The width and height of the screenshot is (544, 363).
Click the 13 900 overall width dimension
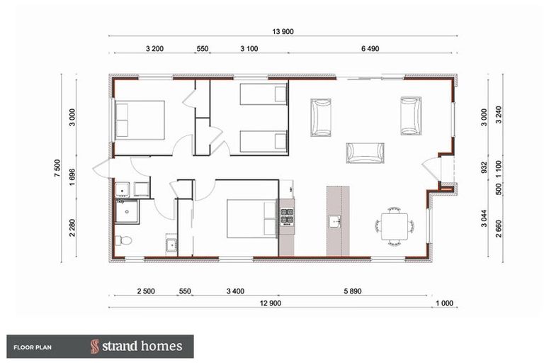coord(283,32)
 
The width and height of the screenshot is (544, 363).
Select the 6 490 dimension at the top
coord(370,49)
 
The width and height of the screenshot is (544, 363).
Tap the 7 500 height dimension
coord(57,168)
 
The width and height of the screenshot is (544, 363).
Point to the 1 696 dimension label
coord(72,177)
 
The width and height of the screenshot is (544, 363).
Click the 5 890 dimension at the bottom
coord(353,291)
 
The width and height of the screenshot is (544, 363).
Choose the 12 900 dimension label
coord(271,303)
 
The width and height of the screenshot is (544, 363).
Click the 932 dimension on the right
coord(484,167)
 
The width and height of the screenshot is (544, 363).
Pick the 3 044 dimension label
coord(484,218)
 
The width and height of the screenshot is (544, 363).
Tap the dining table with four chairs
coord(395,226)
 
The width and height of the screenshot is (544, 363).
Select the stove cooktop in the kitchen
coord(287,217)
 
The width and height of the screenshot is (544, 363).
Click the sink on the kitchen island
coord(334,222)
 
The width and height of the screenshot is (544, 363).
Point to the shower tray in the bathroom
coord(127,211)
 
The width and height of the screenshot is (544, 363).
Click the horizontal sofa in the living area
coord(365,153)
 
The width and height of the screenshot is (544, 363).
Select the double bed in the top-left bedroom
coord(140,121)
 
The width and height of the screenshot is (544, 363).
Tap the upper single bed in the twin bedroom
coord(263,94)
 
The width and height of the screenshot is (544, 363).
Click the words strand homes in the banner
coord(142,346)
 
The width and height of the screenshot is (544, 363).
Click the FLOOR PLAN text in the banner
coord(33,347)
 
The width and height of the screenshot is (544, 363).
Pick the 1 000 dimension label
coord(444,303)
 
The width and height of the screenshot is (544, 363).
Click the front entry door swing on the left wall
coord(101,169)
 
